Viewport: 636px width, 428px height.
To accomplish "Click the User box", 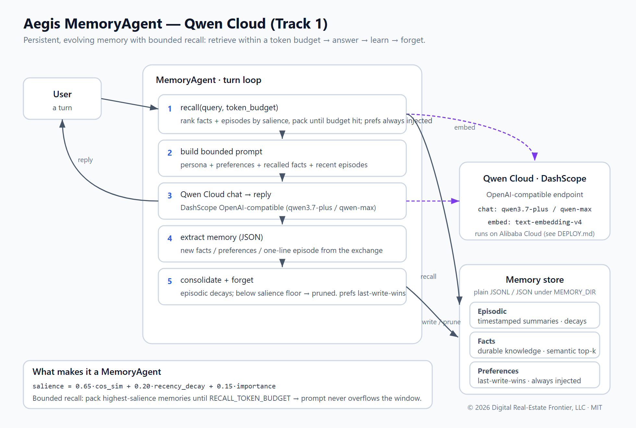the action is click(62, 99).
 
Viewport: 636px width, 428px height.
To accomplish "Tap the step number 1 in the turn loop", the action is click(169, 109).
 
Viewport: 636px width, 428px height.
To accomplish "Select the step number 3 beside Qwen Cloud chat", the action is click(169, 196).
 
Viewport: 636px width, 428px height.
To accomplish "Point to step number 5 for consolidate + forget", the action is click(169, 281).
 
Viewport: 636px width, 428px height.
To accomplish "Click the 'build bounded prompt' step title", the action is click(221, 152).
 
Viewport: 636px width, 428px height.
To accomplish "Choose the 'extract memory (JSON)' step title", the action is click(222, 237).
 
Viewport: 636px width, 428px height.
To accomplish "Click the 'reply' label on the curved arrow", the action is click(85, 160).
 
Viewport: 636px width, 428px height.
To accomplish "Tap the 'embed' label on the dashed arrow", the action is click(465, 127).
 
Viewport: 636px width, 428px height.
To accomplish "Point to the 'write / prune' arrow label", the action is click(441, 322).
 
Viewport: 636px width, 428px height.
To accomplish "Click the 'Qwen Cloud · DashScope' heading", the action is click(535, 179).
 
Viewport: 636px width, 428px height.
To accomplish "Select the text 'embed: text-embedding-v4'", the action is click(535, 222).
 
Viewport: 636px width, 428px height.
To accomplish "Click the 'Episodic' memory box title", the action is click(492, 311).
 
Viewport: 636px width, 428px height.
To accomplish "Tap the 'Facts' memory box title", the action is click(486, 341).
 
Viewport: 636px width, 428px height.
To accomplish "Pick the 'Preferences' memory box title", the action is click(498, 371).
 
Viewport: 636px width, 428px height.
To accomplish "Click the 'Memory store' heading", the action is click(535, 280).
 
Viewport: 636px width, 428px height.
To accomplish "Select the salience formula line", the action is click(154, 386).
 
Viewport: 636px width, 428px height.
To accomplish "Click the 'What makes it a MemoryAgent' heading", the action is click(97, 372).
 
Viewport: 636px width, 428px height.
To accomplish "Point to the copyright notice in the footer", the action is click(535, 408).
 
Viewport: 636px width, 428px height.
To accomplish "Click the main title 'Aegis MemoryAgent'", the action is click(93, 24).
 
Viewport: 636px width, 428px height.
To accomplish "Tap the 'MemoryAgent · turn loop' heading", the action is click(209, 80).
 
